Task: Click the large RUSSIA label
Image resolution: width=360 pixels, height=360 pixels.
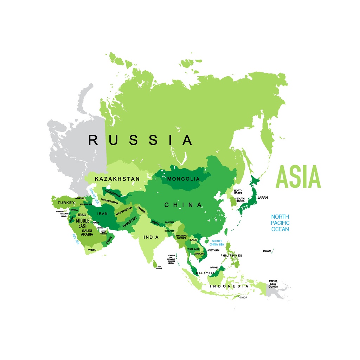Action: (x=140, y=140)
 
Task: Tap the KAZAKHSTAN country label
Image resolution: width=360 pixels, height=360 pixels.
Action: (x=117, y=179)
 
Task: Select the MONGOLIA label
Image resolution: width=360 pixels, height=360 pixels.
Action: (x=183, y=179)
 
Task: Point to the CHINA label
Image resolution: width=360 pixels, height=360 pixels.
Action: (x=183, y=205)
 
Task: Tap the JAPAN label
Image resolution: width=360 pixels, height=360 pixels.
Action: (x=263, y=198)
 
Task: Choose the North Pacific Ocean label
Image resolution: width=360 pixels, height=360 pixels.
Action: (x=280, y=223)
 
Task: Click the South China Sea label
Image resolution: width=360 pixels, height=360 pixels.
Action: (x=217, y=243)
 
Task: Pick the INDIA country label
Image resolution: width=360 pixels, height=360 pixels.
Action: (x=151, y=237)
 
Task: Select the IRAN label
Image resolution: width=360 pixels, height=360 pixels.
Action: (x=102, y=213)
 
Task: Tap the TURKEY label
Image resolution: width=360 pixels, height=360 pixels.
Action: (x=66, y=203)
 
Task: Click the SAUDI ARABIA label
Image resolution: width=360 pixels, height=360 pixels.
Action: (x=87, y=232)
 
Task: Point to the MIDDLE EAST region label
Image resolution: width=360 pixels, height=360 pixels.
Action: (x=83, y=223)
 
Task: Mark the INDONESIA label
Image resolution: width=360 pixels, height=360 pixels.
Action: (x=229, y=286)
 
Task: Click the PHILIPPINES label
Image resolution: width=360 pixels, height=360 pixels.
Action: (x=231, y=256)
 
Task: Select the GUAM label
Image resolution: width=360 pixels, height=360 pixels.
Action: (x=267, y=251)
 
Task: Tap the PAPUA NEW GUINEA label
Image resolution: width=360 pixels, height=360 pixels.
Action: (x=273, y=284)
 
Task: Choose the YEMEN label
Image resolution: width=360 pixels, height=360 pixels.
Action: (x=92, y=250)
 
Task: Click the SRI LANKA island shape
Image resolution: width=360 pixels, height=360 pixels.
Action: (x=155, y=263)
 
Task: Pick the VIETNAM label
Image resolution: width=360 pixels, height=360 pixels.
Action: (x=213, y=250)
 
